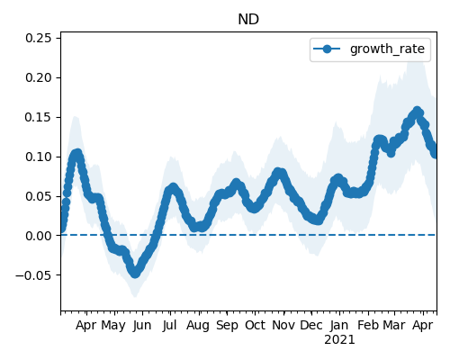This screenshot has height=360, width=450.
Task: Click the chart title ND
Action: coord(248,20)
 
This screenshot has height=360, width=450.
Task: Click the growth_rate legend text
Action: coord(387,49)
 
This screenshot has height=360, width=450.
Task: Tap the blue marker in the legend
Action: coord(327,49)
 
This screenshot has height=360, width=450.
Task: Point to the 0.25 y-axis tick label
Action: coord(39,38)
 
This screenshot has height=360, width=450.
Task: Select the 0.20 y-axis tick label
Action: coord(39,77)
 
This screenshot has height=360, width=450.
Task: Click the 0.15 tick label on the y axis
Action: coord(39,117)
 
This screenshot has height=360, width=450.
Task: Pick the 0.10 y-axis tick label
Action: coord(39,157)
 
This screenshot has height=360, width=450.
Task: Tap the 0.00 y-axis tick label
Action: coord(39,236)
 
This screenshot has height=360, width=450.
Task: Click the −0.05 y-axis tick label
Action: coord(33,275)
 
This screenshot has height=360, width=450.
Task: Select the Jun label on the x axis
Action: coord(142,326)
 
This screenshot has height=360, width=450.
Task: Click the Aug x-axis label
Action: coord(198,326)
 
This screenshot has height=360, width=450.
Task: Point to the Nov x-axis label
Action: coord(283,325)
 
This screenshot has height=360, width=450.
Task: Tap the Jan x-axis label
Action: coord(339,325)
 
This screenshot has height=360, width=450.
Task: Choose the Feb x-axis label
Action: coord(368,325)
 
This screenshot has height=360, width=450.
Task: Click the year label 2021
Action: coord(339,340)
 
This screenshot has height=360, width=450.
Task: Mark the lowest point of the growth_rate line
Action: coord(135,273)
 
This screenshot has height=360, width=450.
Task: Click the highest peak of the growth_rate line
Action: coord(417,111)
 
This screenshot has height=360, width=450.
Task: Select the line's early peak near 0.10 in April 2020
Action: coord(77,154)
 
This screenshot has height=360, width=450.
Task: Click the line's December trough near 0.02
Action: coord(318,220)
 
